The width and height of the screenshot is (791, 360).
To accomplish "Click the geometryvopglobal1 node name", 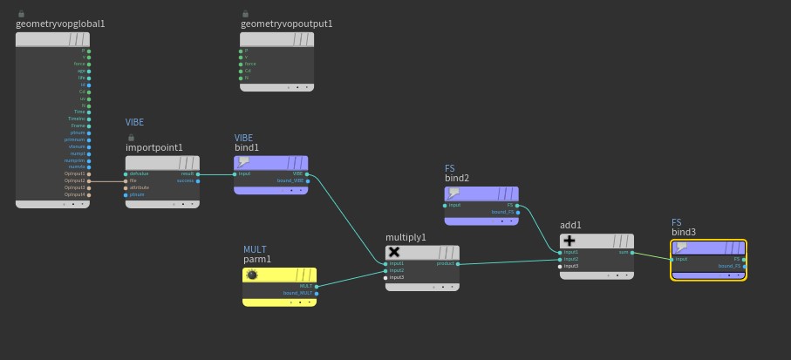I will [x=60, y=24].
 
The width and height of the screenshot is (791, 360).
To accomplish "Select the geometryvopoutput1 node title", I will [x=286, y=24].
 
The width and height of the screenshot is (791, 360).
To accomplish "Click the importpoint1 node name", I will [x=154, y=147].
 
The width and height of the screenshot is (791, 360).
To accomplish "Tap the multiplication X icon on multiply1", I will [x=393, y=252].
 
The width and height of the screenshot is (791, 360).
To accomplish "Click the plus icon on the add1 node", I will [x=569, y=241].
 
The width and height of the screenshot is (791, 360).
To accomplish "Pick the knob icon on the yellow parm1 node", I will [x=252, y=275].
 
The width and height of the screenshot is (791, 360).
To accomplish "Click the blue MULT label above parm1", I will [x=255, y=249].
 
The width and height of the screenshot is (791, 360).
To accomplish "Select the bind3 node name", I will [x=684, y=233].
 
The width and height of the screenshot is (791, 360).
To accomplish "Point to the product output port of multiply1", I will [x=456, y=263].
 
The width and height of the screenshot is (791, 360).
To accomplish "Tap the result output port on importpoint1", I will [x=198, y=173].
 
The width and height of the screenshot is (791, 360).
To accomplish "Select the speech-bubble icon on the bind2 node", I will [x=454, y=194].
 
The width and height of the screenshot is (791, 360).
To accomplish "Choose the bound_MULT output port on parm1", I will [x=317, y=293].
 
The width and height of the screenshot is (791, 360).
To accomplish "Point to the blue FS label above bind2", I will [x=450, y=168].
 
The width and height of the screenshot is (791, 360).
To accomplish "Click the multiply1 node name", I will [x=406, y=237].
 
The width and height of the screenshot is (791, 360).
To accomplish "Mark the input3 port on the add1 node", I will [x=561, y=266].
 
